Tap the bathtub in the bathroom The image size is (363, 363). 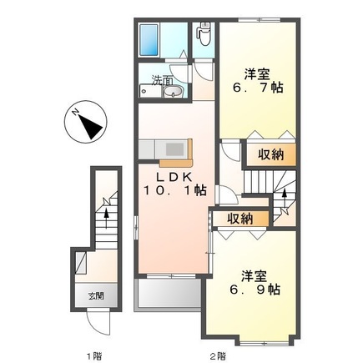[x=153, y=38]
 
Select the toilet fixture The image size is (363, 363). [x=203, y=36]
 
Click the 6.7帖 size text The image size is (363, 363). [x=258, y=87]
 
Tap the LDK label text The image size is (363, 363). [x=174, y=177]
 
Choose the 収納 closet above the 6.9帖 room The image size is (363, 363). [x=240, y=219]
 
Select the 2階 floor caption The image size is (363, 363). [x=218, y=355]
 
